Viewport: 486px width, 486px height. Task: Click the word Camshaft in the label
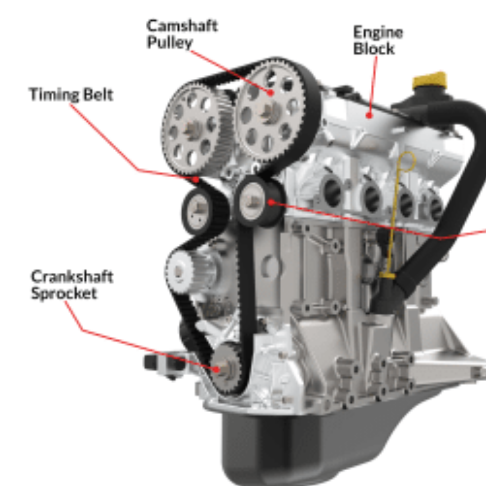pyautogui.click(x=182, y=26)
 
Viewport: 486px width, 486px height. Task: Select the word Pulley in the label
pyautogui.click(x=170, y=42)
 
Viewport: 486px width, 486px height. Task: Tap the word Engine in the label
pyautogui.click(x=378, y=33)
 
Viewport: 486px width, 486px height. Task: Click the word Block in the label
pyautogui.click(x=374, y=49)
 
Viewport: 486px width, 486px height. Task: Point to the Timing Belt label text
pyautogui.click(x=71, y=94)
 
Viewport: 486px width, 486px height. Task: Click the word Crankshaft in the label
pyautogui.click(x=72, y=277)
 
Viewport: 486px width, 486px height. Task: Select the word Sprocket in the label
pyautogui.click(x=64, y=293)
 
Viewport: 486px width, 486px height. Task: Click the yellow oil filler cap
pyautogui.click(x=430, y=80)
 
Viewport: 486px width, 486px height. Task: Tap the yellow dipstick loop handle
pyautogui.click(x=407, y=162)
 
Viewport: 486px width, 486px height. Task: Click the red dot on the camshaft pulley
pyautogui.click(x=270, y=92)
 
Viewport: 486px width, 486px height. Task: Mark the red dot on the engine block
pyautogui.click(x=369, y=116)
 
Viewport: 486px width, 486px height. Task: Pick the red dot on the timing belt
pyautogui.click(x=196, y=180)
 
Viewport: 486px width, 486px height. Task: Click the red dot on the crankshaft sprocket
pyautogui.click(x=216, y=369)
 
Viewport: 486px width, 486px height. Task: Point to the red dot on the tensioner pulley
pyautogui.click(x=271, y=202)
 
